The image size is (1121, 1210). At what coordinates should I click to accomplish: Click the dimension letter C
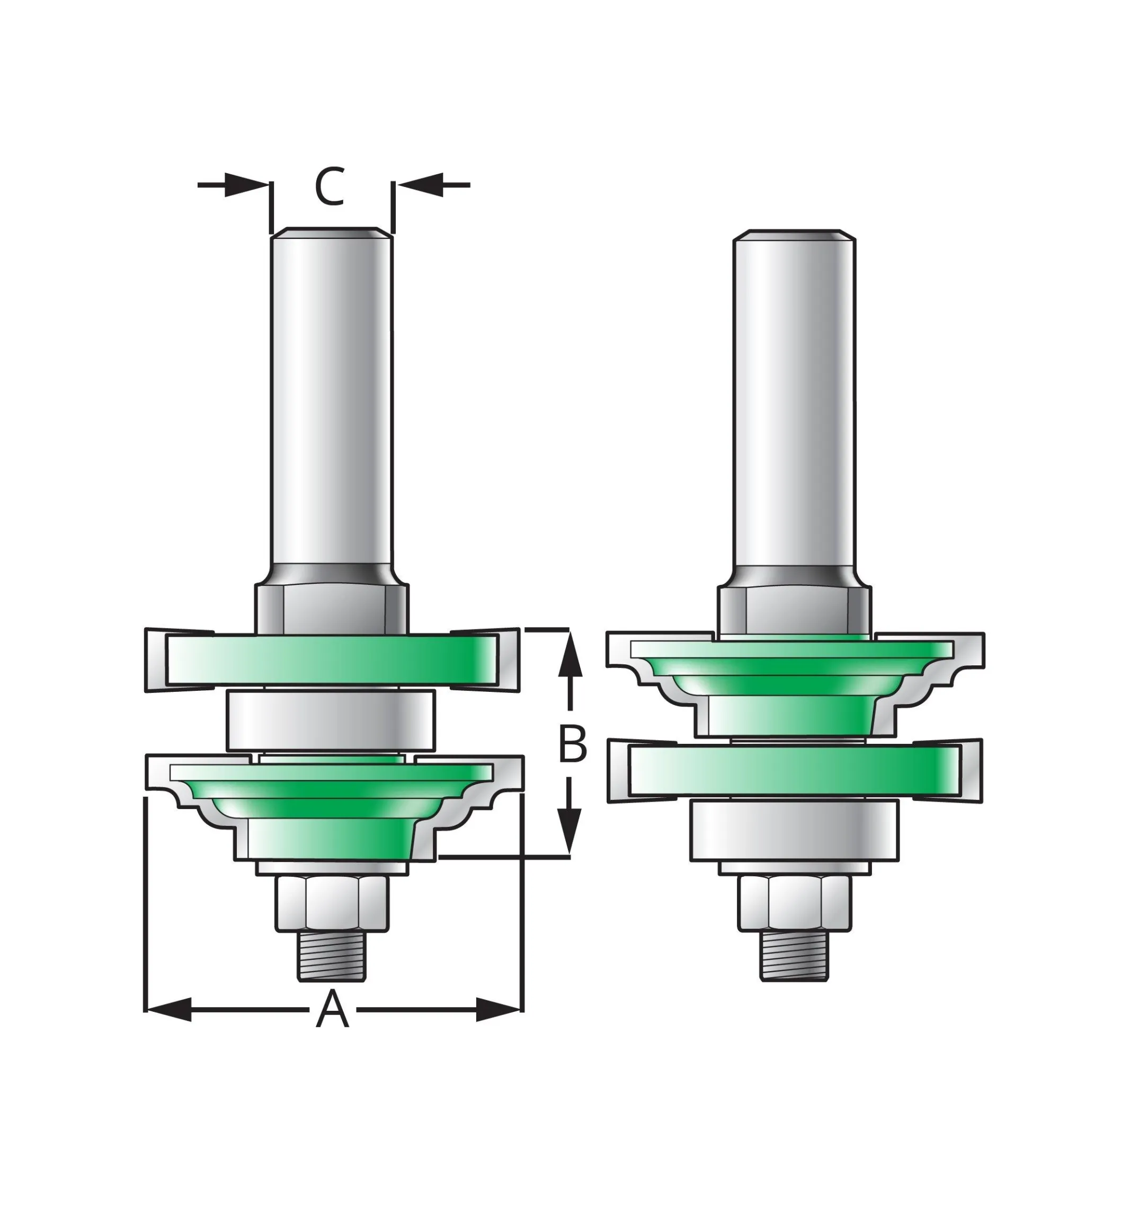330,187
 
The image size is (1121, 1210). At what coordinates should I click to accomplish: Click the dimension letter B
572,744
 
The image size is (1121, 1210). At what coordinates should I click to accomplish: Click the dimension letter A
332,1009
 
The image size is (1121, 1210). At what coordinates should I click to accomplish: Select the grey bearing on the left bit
331,720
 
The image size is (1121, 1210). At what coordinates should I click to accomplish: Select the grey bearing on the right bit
794,830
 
